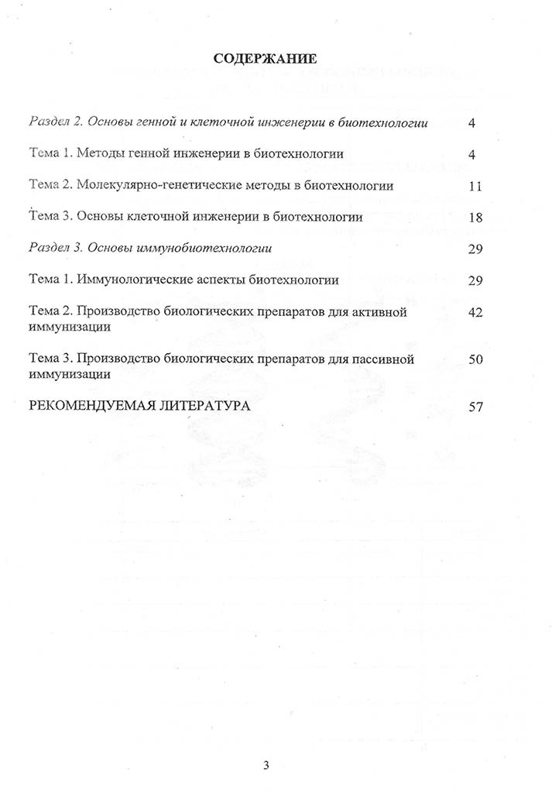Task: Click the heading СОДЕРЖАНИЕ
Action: point(265,59)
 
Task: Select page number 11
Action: point(475,186)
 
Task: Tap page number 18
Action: point(475,218)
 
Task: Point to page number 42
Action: point(475,311)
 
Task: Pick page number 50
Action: point(475,359)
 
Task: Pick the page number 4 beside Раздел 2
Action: point(471,123)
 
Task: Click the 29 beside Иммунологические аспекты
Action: point(475,280)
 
